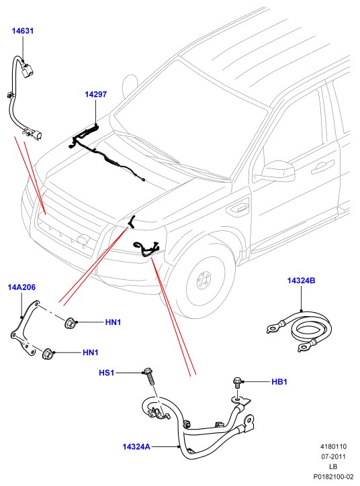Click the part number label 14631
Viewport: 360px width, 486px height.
tap(23, 31)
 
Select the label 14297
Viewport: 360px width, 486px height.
tap(96, 94)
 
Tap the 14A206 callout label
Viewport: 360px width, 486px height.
tap(21, 287)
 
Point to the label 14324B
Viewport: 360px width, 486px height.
tap(301, 281)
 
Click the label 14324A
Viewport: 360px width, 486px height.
tap(136, 446)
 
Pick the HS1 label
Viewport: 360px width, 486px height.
tap(107, 373)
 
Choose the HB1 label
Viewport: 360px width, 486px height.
tap(279, 382)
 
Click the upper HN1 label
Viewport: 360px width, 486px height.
tap(114, 322)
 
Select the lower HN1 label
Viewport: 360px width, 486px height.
tap(91, 352)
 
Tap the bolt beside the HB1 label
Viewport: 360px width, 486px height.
tap(237, 382)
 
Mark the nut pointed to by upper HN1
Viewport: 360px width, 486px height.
tap(69, 324)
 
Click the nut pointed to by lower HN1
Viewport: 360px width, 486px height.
tap(47, 354)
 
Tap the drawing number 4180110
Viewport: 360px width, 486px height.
tap(333, 446)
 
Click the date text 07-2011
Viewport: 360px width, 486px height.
tap(333, 456)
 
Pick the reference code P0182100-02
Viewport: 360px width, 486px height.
tap(333, 477)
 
